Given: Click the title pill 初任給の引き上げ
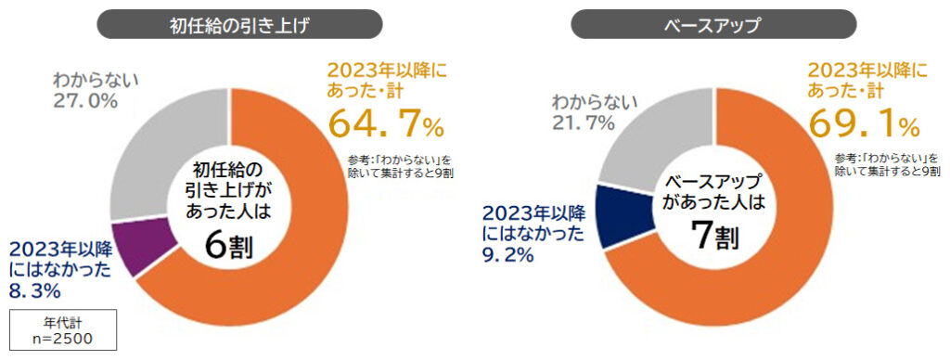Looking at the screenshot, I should click(227, 24).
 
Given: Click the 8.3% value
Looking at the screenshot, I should click(35, 291).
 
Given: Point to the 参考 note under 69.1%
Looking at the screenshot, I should click(880, 163).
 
